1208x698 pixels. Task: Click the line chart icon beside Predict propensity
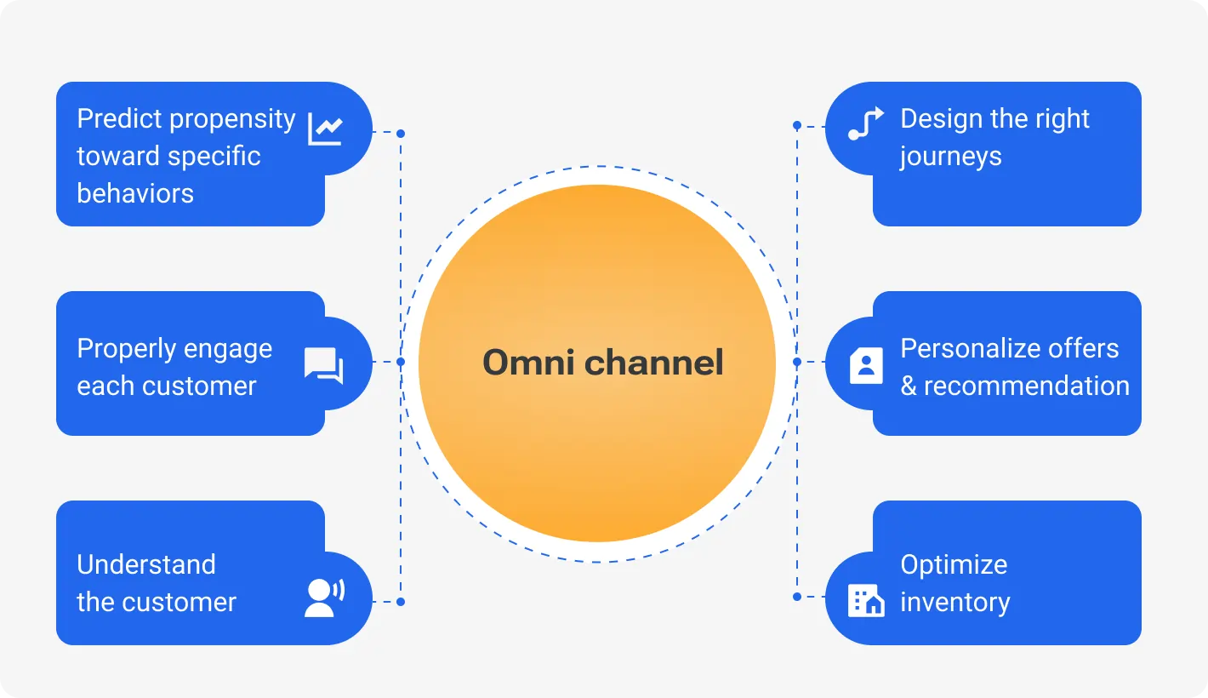tap(325, 129)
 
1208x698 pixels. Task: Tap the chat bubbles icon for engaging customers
tap(324, 365)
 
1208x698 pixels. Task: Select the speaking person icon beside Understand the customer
tap(324, 598)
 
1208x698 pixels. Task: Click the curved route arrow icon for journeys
tap(866, 124)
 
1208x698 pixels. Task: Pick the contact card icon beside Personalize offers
tap(866, 365)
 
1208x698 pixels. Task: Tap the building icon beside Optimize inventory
tap(866, 600)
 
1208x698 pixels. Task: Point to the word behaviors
tap(135, 193)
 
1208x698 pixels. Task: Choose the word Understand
tap(146, 564)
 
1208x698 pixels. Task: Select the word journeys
tap(950, 157)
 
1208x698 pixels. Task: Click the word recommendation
tap(1026, 386)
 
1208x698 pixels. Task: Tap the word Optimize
tap(954, 564)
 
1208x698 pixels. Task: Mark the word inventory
tap(954, 603)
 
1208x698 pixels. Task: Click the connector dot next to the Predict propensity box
tap(401, 133)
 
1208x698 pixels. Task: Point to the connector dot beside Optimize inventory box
tap(797, 597)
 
